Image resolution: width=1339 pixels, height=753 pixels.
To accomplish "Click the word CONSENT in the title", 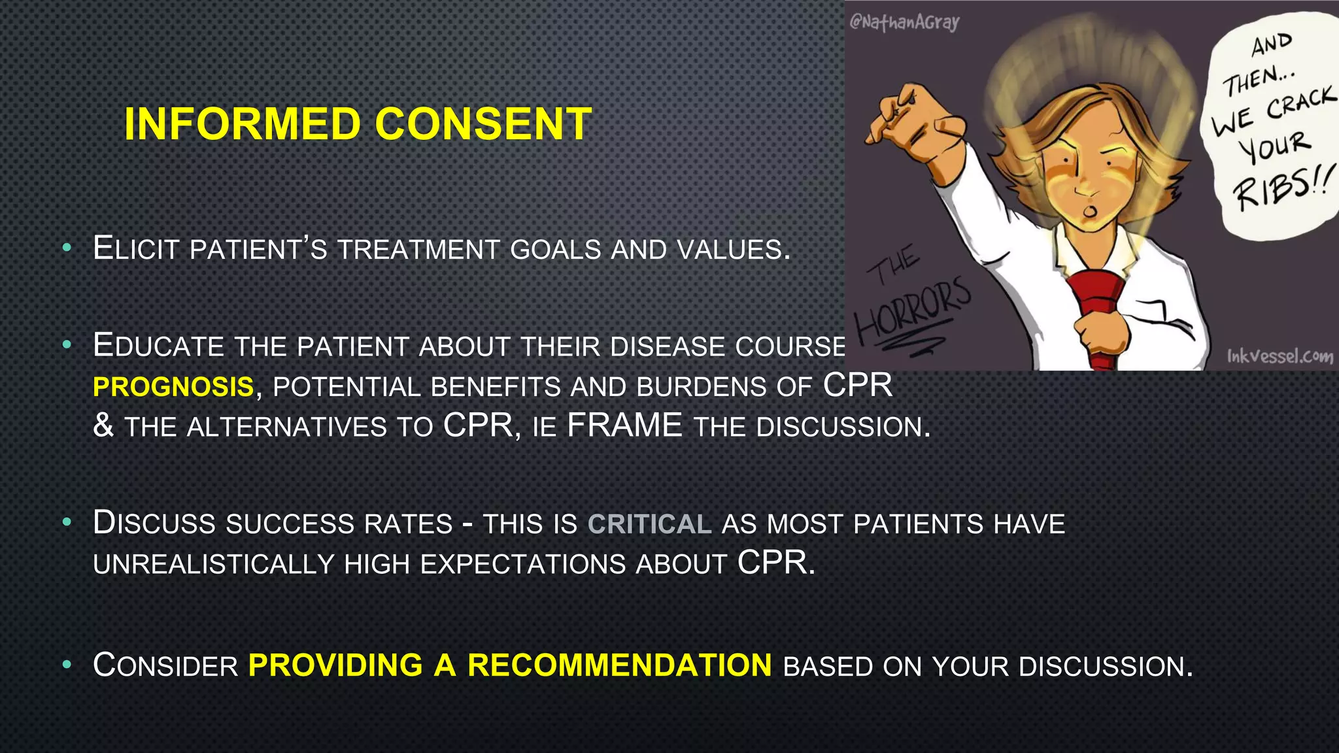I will (x=483, y=124).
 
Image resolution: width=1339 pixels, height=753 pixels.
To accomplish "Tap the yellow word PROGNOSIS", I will (x=173, y=387).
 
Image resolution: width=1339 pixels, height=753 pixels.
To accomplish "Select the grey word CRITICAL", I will (x=649, y=524).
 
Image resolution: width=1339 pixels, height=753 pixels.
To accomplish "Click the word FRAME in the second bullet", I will (x=624, y=426).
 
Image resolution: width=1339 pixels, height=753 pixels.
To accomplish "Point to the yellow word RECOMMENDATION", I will (x=619, y=665).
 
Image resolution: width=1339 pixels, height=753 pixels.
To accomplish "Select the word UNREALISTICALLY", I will (x=213, y=564).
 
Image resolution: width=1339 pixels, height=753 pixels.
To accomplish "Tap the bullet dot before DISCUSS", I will (x=66, y=523).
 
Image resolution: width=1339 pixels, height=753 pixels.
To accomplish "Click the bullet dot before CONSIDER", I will (x=66, y=665).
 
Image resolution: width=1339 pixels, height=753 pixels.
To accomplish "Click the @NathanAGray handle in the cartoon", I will (x=904, y=22).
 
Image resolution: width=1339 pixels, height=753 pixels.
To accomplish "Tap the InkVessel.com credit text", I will (x=1280, y=356).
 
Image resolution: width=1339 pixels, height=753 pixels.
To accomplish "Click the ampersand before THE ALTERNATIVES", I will (x=103, y=426).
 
